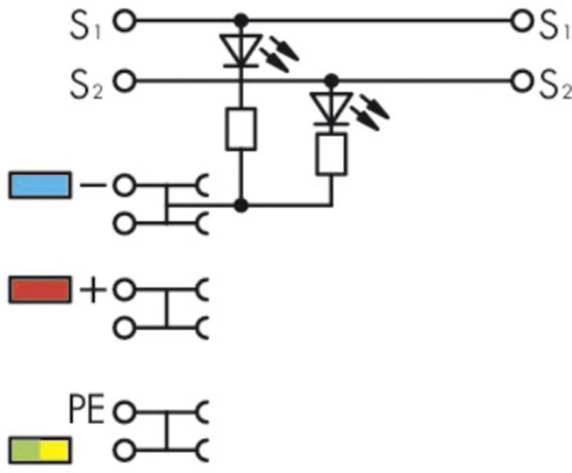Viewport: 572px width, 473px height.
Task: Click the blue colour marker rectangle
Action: click(x=39, y=186)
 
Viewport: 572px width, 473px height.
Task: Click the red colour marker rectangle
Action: click(x=39, y=290)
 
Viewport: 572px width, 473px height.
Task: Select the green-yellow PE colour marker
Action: click(x=39, y=450)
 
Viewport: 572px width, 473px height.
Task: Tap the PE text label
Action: click(x=87, y=410)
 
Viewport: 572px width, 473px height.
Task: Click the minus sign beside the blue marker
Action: click(x=92, y=186)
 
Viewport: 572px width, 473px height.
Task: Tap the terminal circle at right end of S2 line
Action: click(x=521, y=81)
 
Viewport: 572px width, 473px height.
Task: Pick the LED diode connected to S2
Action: click(x=330, y=108)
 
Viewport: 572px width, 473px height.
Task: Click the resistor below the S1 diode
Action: click(x=241, y=130)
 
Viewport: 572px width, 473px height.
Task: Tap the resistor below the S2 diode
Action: click(x=330, y=154)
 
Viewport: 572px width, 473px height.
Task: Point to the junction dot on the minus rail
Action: click(x=241, y=204)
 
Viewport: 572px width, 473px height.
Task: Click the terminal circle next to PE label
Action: click(x=124, y=411)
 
